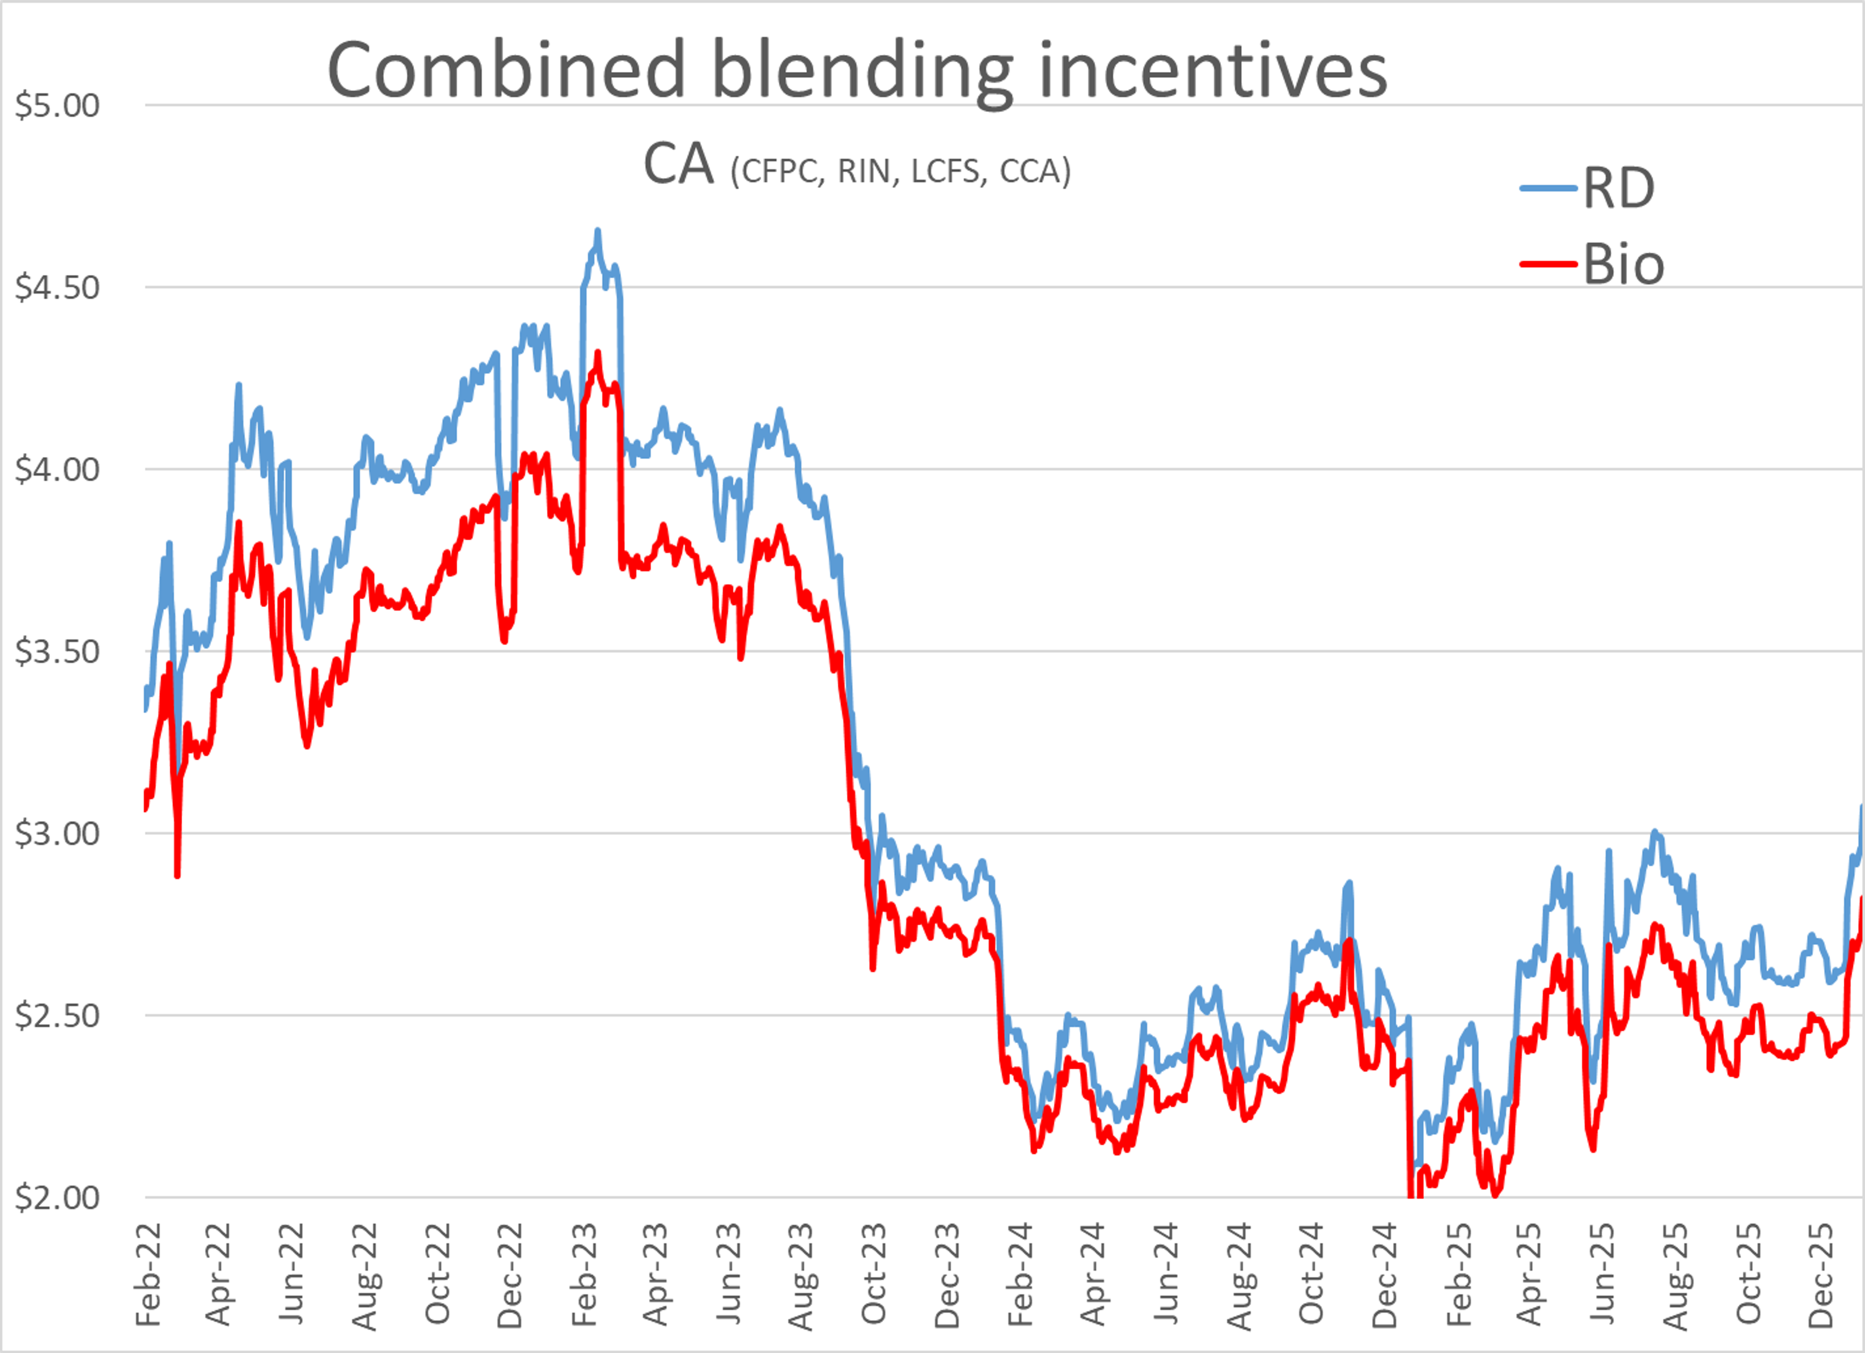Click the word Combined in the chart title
click(506, 71)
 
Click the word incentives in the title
click(1213, 71)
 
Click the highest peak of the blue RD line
click(598, 231)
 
